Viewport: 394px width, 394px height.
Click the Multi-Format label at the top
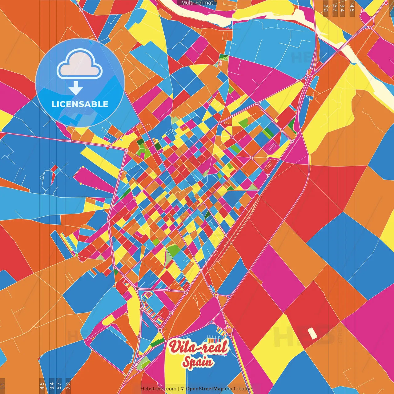tap(197, 3)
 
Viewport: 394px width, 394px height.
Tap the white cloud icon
tap(79, 65)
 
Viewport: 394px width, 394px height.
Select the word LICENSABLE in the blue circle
tap(80, 104)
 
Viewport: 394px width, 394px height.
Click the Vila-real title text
tap(199, 347)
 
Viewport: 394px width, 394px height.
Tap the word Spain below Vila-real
tap(198, 362)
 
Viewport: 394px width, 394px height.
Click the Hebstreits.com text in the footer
tap(158, 389)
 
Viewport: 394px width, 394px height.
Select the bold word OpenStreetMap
tap(205, 389)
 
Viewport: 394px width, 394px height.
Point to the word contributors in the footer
tap(239, 389)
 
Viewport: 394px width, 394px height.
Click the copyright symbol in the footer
tap(183, 389)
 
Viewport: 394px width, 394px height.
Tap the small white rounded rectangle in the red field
tap(312, 333)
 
